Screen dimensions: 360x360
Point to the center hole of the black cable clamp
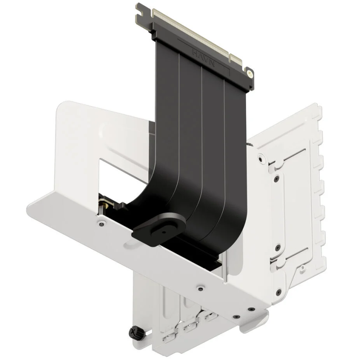point(162,227)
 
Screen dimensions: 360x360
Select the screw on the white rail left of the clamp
point(102,222)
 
